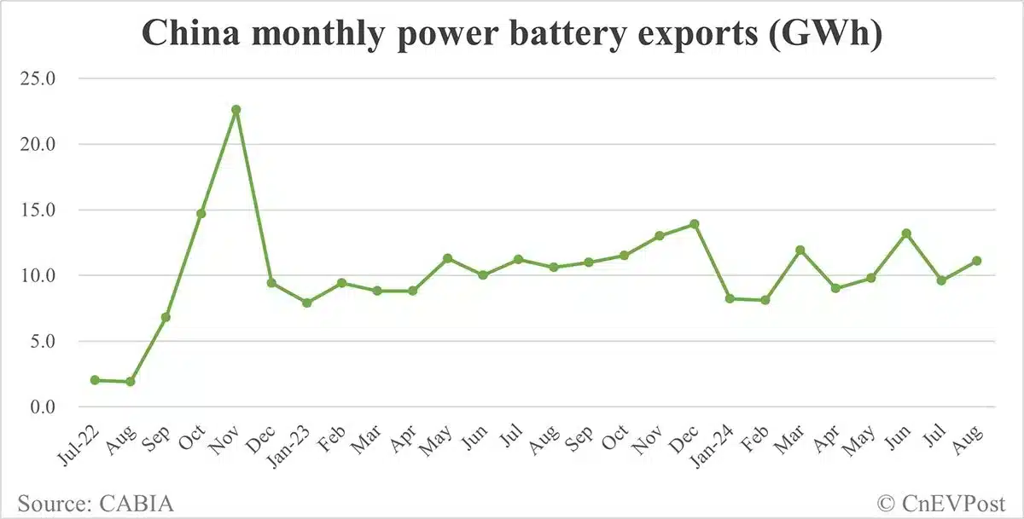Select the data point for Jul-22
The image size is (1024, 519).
coord(95,380)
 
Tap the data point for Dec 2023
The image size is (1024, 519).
coord(695,224)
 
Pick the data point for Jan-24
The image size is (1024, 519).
coord(730,298)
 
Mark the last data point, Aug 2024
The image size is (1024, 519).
coord(977,261)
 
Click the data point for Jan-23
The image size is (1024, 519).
coord(306,303)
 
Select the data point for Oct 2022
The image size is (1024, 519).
coord(201,213)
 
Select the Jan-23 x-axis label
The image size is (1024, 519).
coord(296,444)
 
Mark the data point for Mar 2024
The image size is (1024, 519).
coord(800,251)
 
